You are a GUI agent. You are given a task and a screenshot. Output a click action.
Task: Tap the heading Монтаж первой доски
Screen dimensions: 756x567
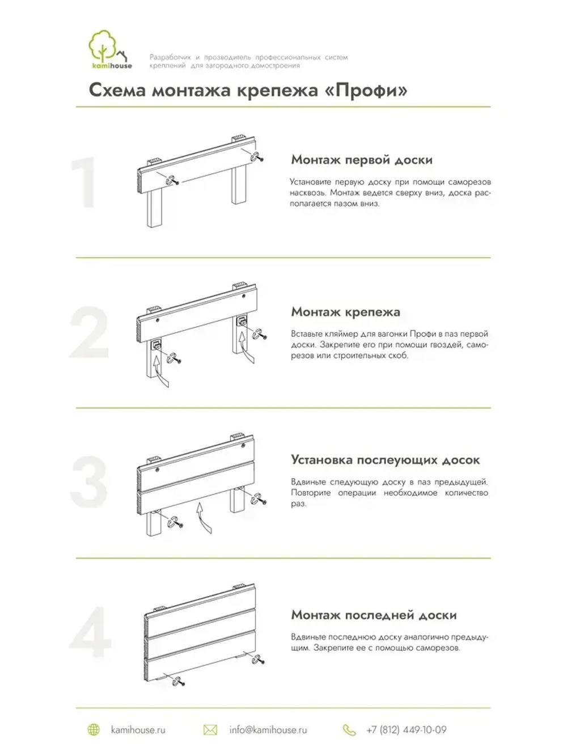tap(362, 160)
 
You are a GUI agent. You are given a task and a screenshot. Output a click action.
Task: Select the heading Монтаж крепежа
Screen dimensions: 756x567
tap(345, 312)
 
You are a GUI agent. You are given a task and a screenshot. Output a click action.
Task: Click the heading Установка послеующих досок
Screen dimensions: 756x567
tap(385, 460)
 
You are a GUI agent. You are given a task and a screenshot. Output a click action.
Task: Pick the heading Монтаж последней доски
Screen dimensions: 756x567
tap(374, 615)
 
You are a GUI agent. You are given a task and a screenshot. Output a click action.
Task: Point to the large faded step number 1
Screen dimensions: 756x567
tap(85, 183)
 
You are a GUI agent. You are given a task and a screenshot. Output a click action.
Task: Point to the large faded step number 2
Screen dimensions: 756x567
tap(89, 333)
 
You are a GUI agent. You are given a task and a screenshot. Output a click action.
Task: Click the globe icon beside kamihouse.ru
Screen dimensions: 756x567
tap(94, 730)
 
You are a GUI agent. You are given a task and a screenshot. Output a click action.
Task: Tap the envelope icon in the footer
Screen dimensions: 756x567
tap(210, 730)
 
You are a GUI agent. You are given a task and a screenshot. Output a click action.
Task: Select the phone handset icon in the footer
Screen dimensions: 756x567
tap(349, 730)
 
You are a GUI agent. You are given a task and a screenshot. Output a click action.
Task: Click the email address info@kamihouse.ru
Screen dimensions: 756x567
tap(268, 730)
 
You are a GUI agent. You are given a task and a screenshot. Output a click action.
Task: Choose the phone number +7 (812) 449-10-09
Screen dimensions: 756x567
tap(406, 730)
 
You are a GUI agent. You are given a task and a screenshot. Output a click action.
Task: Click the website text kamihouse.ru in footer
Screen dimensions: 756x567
tap(138, 730)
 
